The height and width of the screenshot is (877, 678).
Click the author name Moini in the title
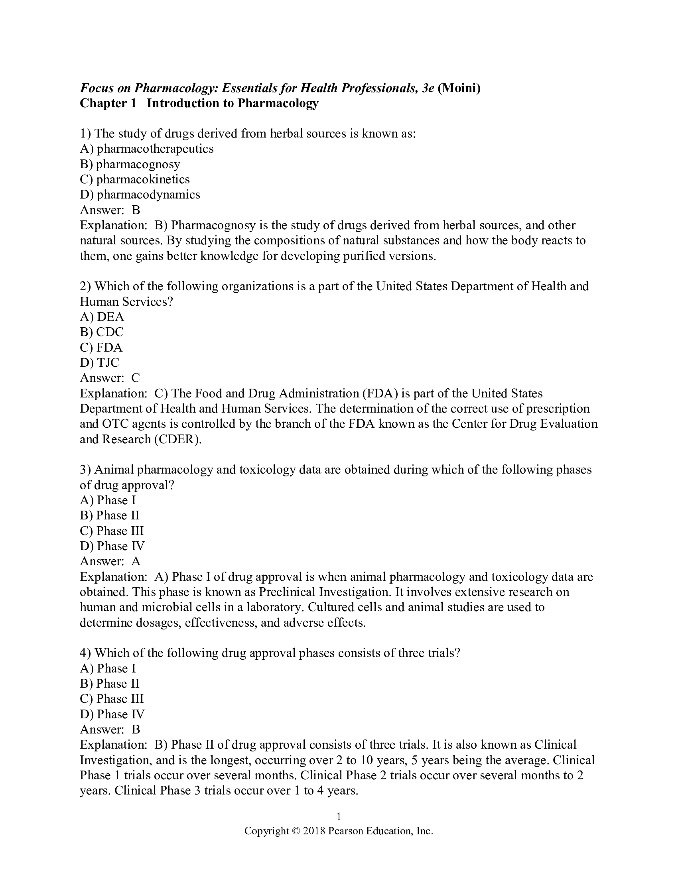point(459,88)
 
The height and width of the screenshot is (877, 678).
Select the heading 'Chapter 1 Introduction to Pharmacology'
point(199,103)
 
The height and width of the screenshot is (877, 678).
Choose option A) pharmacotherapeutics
point(147,149)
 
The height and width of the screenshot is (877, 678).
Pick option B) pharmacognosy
point(130,164)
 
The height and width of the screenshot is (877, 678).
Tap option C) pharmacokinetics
point(134,179)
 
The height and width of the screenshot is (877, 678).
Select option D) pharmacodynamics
point(140,195)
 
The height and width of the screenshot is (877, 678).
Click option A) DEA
point(102,317)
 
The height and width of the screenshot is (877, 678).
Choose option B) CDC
point(102,332)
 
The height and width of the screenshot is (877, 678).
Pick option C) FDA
point(101,347)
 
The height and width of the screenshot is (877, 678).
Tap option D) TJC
point(100,363)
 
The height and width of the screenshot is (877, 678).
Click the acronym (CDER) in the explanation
point(177,439)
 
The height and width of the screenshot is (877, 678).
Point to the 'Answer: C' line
point(110,378)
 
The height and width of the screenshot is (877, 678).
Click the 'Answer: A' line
point(110,561)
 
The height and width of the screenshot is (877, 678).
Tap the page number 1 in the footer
point(339,816)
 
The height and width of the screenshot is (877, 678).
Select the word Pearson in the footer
point(345,831)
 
